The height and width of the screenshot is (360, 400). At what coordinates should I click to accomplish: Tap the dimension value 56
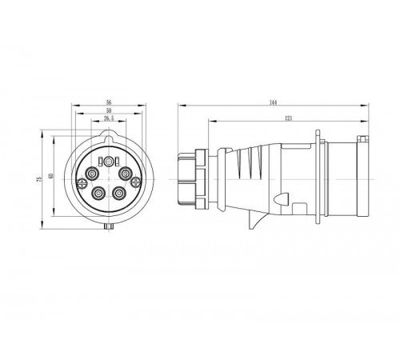click(109, 103)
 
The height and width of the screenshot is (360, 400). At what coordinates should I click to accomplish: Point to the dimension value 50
click(109, 111)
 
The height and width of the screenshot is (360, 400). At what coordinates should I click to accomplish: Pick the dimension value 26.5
click(109, 119)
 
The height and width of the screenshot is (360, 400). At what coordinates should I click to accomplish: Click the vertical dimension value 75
click(39, 182)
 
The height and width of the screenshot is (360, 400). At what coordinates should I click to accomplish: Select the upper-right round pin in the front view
click(126, 174)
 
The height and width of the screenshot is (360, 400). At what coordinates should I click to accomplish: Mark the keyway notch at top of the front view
click(109, 140)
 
